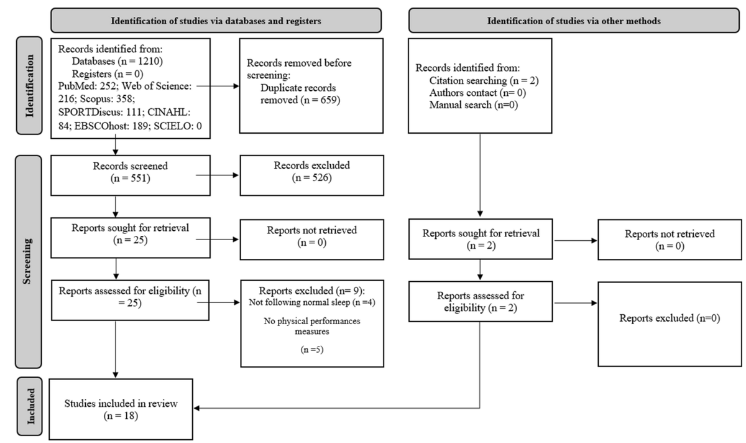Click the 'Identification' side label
[x=30, y=86]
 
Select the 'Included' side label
[x=30, y=406]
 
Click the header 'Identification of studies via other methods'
[x=574, y=21]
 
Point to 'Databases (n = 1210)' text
[x=117, y=62]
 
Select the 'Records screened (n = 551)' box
[x=131, y=175]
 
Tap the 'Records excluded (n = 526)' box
[x=311, y=175]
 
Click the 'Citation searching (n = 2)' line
[x=484, y=80]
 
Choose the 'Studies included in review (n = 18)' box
[x=121, y=409]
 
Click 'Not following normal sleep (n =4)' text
[x=312, y=302]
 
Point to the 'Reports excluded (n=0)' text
[x=670, y=318]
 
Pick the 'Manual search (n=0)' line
[x=474, y=105]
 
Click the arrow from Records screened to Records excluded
[x=217, y=175]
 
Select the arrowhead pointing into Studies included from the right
[x=196, y=408]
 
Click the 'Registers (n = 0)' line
[x=108, y=73]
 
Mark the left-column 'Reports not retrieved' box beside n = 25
[x=311, y=240]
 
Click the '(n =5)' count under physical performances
[x=312, y=349]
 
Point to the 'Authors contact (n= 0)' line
[x=477, y=93]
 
